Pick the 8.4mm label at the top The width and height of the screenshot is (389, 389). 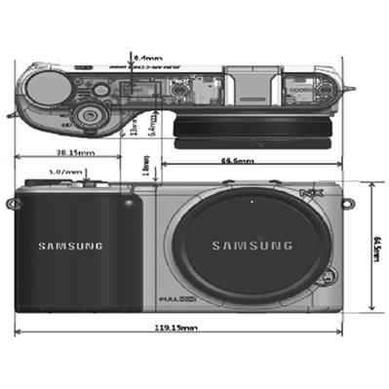point(147,58)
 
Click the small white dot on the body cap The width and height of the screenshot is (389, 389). point(252,203)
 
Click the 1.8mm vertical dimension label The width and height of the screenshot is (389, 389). point(146,170)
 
